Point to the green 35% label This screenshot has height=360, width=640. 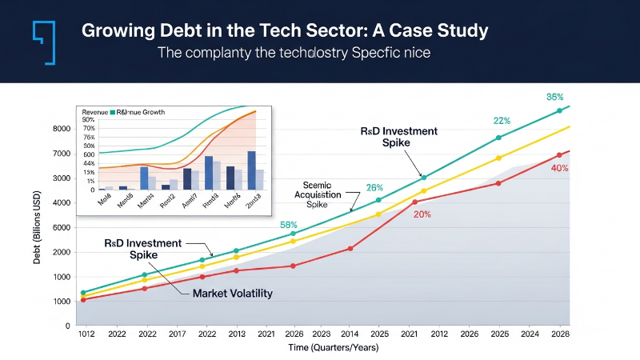click(x=555, y=97)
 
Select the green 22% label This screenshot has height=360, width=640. click(x=502, y=121)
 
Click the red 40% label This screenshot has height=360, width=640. click(x=560, y=168)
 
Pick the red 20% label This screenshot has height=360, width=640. click(x=422, y=214)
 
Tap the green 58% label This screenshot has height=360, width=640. click(x=289, y=225)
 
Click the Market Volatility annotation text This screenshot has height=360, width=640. click(x=232, y=294)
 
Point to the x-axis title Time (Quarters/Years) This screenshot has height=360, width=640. click(x=332, y=347)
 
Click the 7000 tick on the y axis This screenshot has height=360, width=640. click(x=62, y=153)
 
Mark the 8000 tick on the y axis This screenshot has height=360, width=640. click(x=62, y=128)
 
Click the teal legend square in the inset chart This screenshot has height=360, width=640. click(x=114, y=113)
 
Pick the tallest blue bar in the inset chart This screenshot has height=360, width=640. click(x=251, y=170)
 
